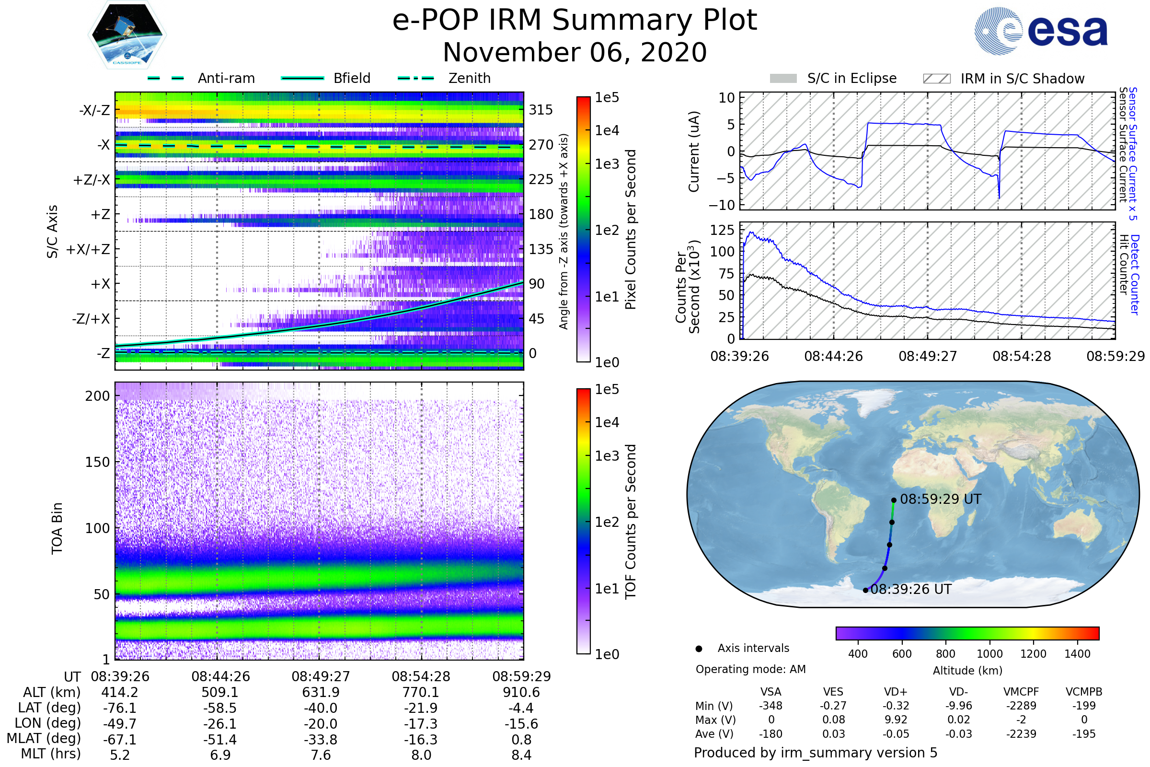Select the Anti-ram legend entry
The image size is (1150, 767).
226,78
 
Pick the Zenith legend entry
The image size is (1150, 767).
469,78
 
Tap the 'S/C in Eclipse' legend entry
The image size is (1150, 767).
851,78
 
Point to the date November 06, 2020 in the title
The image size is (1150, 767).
575,52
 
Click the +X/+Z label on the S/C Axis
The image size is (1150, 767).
88,249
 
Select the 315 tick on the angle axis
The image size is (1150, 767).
540,110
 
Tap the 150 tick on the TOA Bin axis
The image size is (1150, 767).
97,462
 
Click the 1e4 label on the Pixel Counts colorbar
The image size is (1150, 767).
607,130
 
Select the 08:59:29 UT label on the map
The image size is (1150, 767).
940,499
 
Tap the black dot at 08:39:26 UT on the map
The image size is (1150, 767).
865,591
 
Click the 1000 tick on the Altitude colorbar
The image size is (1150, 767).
989,654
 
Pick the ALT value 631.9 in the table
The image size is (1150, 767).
321,693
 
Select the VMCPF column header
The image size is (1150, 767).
1021,692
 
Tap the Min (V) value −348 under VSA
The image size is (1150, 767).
770,706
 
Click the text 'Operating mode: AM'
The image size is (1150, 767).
750,669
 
